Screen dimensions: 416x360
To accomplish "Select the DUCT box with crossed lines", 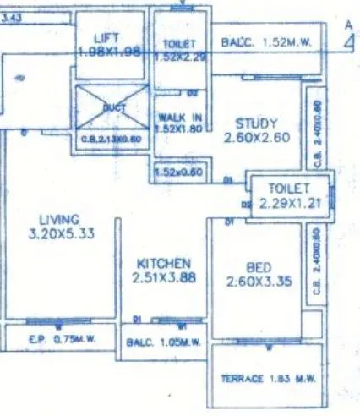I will tap(112, 108).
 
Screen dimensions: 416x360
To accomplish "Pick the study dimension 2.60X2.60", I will tap(257, 137).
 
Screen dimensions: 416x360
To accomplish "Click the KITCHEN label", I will tap(163, 264).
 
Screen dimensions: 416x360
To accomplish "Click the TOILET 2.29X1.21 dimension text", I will tap(289, 203).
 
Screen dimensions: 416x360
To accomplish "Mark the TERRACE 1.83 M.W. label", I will tap(268, 380).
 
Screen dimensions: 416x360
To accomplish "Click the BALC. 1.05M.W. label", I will tap(163, 343).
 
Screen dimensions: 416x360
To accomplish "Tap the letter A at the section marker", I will tap(348, 27).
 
